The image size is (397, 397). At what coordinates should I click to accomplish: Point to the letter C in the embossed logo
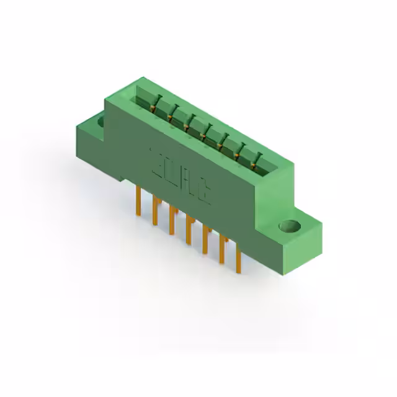[204, 194]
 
